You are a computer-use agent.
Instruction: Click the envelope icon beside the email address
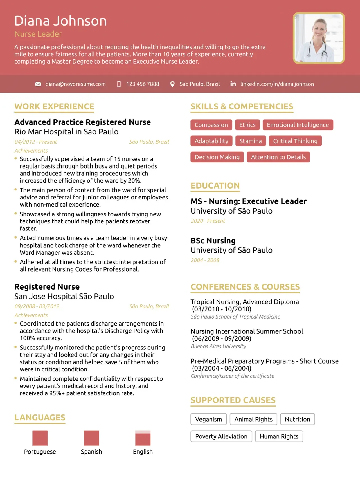pos(38,84)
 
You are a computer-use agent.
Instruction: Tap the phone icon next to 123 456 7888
pos(119,84)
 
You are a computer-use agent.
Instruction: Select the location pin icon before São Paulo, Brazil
pos(172,84)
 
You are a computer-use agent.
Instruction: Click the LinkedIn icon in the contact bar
pos(233,84)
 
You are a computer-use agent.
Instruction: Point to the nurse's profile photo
pos(319,38)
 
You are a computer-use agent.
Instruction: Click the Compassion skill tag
pos(211,125)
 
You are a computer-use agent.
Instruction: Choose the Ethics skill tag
pos(247,125)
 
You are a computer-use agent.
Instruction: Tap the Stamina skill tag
pos(251,141)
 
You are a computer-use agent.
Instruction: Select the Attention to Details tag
pos(278,157)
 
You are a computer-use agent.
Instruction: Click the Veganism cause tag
pos(208,419)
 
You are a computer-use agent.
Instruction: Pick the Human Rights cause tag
pos(279,436)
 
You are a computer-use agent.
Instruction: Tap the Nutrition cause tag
pos(298,419)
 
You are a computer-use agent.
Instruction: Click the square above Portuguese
pos(40,438)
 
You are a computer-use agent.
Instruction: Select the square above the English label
pos(143,438)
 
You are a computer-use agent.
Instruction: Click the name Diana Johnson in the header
pos(60,21)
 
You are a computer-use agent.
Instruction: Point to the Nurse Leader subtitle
pos(38,34)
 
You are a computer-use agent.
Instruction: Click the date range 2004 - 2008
pos(205,260)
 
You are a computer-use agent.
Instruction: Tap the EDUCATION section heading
pos(215,186)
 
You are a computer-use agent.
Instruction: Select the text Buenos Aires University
pos(219,346)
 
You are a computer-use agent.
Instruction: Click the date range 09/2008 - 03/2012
pos(37,306)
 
